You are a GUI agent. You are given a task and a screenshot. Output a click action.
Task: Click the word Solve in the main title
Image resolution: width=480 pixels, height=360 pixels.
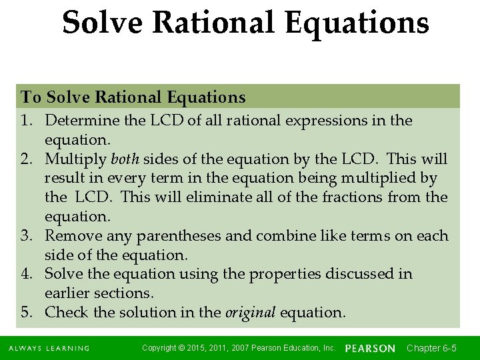click(102, 23)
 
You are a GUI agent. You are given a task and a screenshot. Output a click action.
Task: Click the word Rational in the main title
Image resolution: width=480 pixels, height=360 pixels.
click(213, 23)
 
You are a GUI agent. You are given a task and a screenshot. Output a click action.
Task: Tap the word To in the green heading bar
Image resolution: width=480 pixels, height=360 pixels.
click(31, 97)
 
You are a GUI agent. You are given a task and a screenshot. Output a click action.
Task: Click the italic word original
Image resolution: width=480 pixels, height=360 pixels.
click(250, 313)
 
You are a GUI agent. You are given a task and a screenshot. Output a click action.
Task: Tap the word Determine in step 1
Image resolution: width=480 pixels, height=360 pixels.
click(77, 121)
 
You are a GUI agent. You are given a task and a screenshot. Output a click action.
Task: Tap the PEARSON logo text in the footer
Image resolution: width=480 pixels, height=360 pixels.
click(370, 348)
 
